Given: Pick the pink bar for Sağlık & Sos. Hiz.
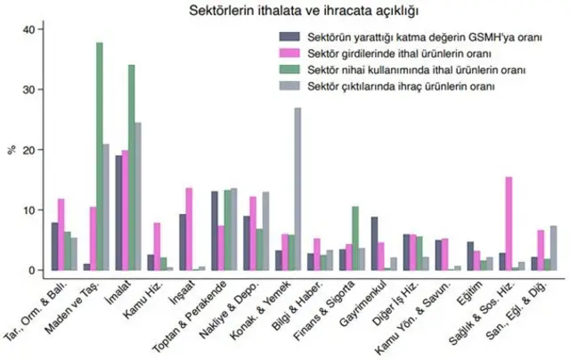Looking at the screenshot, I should tap(509, 224).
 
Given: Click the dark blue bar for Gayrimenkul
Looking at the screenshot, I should tap(374, 243).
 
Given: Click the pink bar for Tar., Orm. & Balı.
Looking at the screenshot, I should tap(61, 234).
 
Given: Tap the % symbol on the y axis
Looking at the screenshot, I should tap(11, 150).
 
